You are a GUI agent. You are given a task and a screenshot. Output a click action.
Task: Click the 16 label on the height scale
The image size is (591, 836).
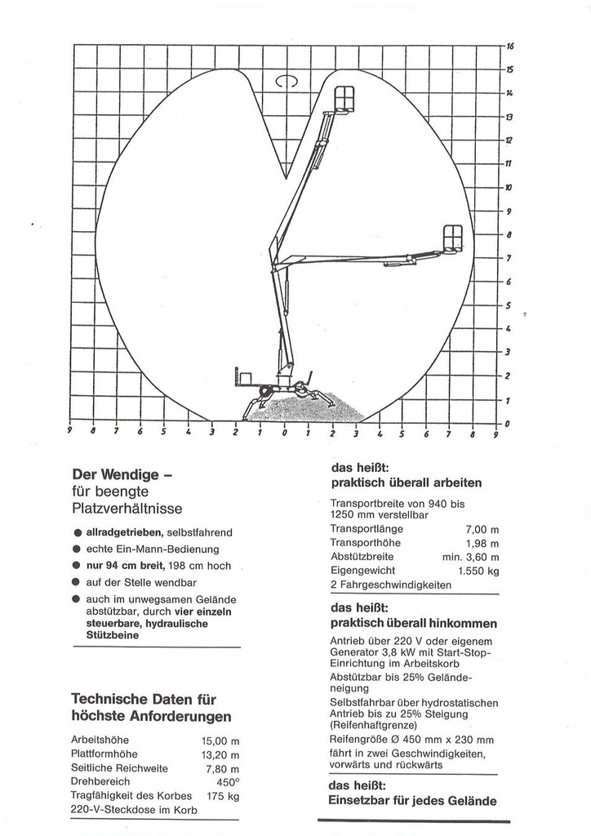(509, 46)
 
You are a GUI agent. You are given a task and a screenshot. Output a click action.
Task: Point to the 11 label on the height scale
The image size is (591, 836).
(509, 164)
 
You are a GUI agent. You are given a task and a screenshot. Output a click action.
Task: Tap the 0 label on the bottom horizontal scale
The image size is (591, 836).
(285, 434)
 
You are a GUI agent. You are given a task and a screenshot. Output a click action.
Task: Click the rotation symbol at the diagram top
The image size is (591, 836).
(286, 81)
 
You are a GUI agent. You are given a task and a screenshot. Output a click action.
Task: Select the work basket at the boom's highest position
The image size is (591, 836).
(344, 98)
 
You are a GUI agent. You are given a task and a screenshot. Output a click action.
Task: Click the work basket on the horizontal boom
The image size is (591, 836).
(453, 237)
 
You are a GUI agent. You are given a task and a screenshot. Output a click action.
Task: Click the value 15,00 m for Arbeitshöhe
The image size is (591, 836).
(220, 740)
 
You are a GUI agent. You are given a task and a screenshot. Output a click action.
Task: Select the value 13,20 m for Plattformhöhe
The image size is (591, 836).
(220, 754)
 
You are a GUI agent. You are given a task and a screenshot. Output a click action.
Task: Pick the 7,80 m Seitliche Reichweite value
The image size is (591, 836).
(222, 768)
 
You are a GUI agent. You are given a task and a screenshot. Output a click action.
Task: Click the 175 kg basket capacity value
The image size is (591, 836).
(222, 796)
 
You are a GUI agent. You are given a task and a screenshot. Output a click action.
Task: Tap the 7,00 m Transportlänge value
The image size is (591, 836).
(482, 529)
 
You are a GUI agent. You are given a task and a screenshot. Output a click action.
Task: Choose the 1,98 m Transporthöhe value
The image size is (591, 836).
(482, 543)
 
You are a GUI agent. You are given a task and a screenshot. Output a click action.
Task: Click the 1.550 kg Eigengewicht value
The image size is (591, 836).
(478, 571)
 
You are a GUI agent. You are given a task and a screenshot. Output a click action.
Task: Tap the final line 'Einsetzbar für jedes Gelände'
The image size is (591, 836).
(411, 801)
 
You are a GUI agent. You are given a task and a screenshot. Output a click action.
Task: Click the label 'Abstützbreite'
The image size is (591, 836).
(362, 557)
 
